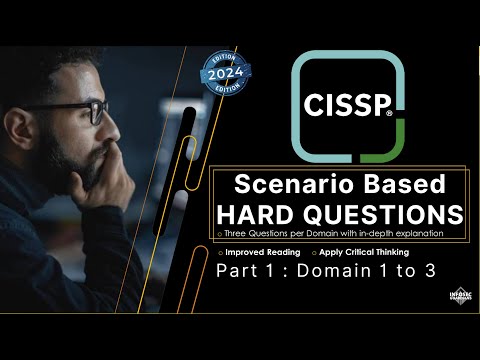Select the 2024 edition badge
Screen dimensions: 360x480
(x=225, y=73)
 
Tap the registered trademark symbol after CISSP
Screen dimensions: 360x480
(x=389, y=114)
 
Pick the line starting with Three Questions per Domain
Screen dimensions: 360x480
(x=329, y=233)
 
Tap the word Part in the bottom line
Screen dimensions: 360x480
(x=237, y=272)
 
